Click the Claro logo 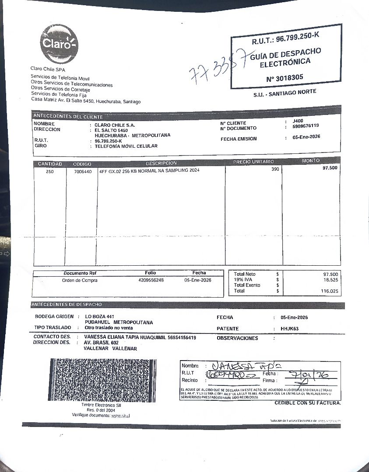pos(60,44)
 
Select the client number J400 pos(297,121)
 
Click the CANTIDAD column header pos(50,164)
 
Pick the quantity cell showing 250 pos(50,171)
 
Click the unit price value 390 pos(275,169)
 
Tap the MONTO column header pos(311,161)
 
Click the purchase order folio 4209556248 pos(151,280)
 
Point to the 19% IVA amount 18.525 pos(330,279)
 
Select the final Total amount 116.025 pos(329,291)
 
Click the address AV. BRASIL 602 pos(101,343)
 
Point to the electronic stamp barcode pos(102,380)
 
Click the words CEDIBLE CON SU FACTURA pos(307,403)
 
